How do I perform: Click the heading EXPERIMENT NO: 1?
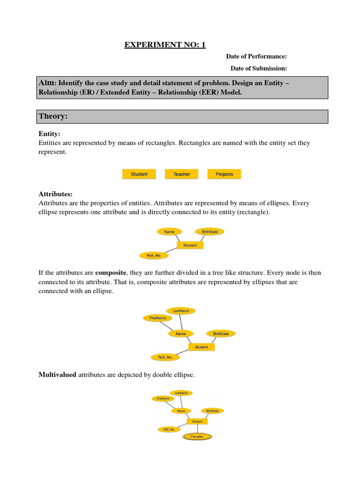pos(165,45)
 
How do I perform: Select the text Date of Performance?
pos(256,56)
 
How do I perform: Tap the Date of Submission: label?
pos(258,68)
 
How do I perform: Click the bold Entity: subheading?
pos(49,134)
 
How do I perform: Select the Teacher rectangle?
pos(181,174)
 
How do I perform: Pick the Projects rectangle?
pos(224,174)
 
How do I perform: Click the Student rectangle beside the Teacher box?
pos(139,174)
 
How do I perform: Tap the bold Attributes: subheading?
pos(55,194)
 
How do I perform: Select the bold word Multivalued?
pos(57,375)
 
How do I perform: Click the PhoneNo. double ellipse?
pos(197,437)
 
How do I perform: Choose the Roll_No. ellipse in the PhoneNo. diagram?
pos(169,429)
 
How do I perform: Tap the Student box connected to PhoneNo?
pos(197,421)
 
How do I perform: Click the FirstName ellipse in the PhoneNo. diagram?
pos(163,398)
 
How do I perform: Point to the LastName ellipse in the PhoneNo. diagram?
pos(181,393)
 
